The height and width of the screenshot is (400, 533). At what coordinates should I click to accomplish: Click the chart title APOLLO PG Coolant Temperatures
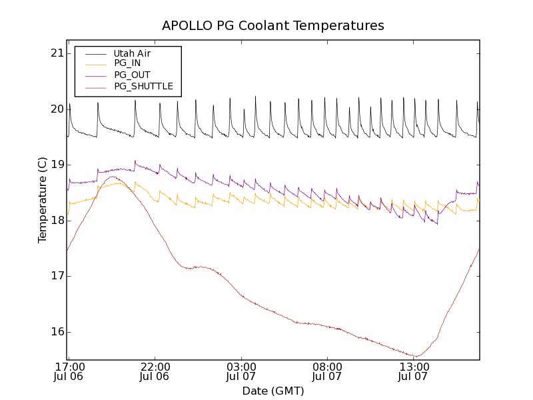coord(273,26)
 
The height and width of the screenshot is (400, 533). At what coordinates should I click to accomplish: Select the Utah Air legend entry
coord(132,53)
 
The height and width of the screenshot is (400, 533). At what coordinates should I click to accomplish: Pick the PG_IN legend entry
coord(127,63)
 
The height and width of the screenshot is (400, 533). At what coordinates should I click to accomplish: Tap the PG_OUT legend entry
coord(132,75)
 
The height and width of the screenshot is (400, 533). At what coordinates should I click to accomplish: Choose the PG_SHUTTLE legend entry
coord(143,86)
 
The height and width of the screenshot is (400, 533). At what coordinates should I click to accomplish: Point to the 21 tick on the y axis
coord(57,53)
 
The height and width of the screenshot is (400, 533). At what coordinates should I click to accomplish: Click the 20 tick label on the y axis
coord(57,109)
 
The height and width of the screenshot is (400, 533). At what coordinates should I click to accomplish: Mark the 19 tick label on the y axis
coord(57,165)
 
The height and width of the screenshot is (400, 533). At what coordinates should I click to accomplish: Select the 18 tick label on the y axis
coord(57,221)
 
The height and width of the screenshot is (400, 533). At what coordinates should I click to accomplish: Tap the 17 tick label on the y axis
coord(57,276)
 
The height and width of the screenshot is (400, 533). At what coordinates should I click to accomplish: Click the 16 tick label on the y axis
coord(57,332)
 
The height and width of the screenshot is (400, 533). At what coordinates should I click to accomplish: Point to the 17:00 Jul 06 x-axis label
coord(69,371)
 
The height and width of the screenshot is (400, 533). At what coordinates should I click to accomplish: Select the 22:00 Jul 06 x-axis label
coord(155,371)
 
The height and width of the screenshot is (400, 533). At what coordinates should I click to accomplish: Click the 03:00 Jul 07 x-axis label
coord(241,371)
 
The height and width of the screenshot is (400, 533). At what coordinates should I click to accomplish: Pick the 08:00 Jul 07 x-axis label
coord(327,371)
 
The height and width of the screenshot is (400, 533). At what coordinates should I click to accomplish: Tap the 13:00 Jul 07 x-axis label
coord(413,371)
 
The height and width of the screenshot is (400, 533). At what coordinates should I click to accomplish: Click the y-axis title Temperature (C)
coord(43,200)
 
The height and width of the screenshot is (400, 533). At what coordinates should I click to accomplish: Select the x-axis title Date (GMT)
coord(273,391)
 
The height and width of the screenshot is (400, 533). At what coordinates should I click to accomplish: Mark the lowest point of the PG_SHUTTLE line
coord(415,356)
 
